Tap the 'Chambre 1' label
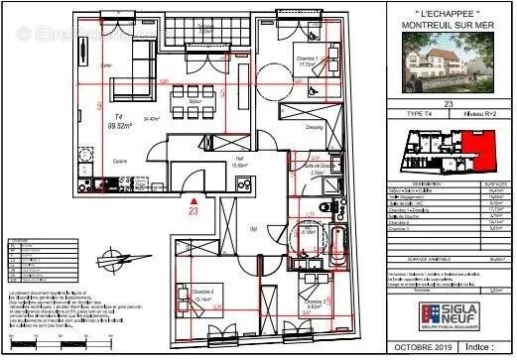(308, 60)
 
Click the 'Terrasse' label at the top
(205, 23)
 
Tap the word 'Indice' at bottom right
(476, 349)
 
